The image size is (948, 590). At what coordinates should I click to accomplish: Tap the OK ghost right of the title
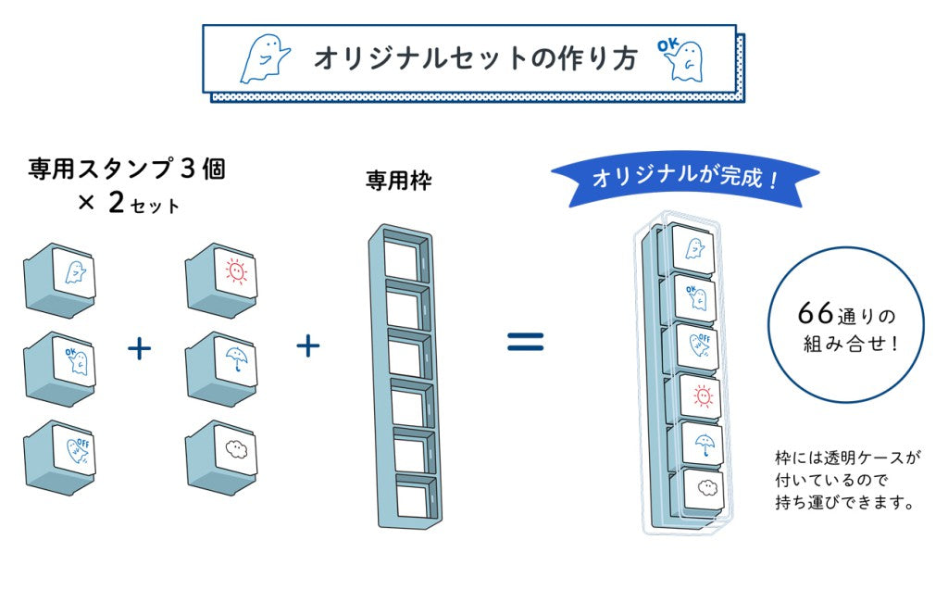point(680,59)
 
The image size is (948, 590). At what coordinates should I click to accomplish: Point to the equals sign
point(526,342)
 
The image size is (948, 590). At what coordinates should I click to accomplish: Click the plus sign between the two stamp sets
point(139,349)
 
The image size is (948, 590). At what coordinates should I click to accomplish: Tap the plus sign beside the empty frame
point(307,346)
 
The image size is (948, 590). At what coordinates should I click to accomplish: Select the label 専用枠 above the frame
point(398,181)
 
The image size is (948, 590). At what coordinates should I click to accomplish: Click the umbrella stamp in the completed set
point(703,445)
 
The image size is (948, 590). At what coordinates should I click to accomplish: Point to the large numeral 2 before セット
point(116,203)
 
